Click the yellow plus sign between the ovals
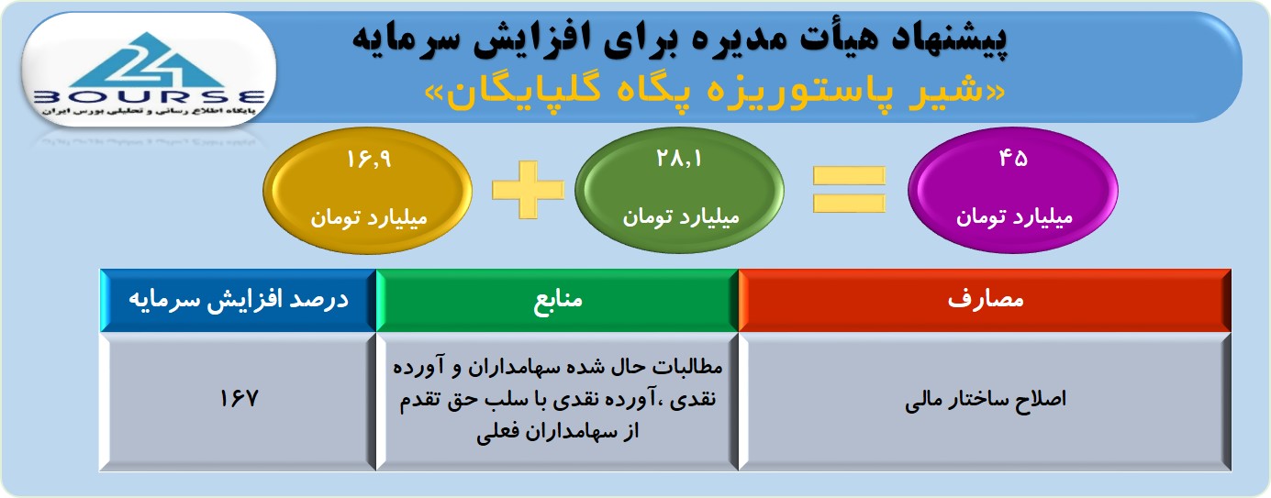click(x=528, y=190)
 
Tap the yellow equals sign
click(x=849, y=190)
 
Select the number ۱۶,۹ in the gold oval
click(x=370, y=160)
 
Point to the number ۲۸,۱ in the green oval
click(x=679, y=159)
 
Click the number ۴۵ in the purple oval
click(x=1013, y=159)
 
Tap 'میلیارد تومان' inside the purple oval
click(x=1014, y=217)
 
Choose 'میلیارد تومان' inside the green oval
click(x=681, y=217)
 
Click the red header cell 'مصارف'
click(x=985, y=300)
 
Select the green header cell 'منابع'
click(x=557, y=300)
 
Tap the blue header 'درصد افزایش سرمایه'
click(x=239, y=300)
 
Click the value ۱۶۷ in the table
click(x=239, y=399)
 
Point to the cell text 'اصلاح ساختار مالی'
click(x=986, y=400)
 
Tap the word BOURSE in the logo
click(x=150, y=97)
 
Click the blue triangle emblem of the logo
click(x=149, y=61)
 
